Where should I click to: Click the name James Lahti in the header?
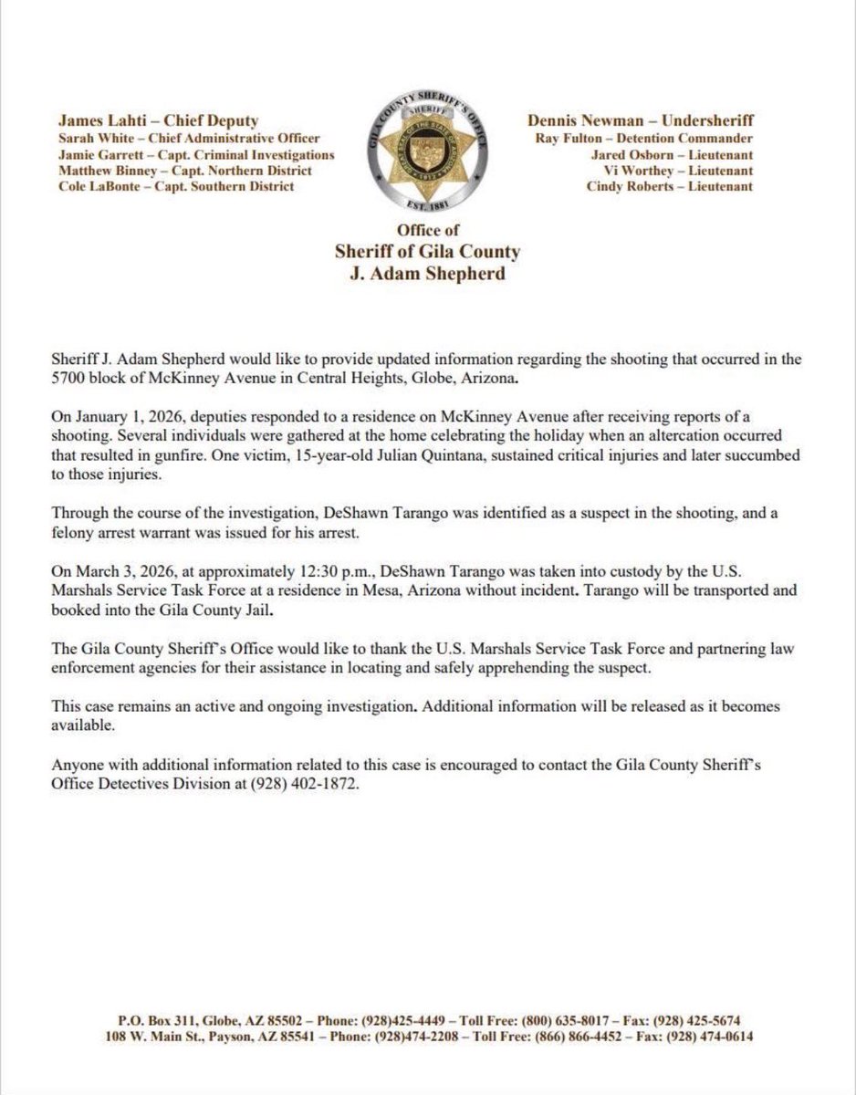click(97, 120)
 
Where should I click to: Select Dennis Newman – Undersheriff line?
click(641, 120)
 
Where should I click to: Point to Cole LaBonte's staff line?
click(176, 186)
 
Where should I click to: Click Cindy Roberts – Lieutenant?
click(670, 186)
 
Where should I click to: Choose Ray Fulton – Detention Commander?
click(644, 139)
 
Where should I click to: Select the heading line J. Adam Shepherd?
click(428, 274)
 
